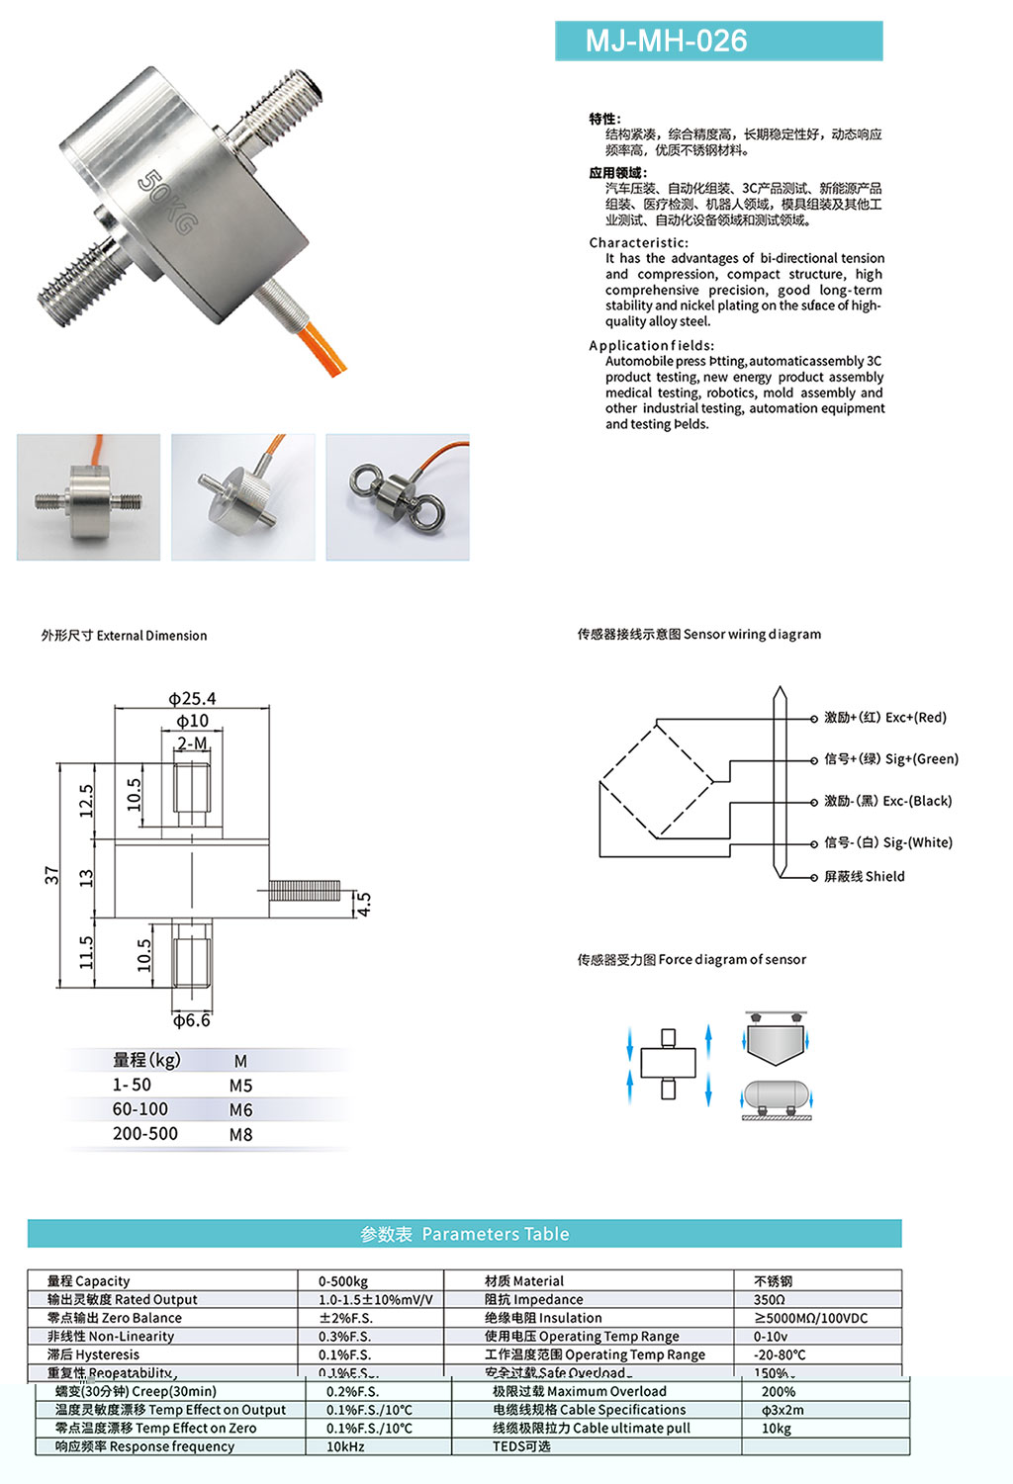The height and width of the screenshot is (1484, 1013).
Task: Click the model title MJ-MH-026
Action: pos(667,42)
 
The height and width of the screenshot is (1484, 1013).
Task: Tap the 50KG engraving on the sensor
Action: pos(165,202)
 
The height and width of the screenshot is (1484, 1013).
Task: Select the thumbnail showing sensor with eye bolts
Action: pos(398,496)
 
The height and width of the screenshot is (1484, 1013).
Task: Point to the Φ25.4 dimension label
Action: pos(191,698)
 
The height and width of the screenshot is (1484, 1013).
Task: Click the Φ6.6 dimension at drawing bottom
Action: pos(191,1020)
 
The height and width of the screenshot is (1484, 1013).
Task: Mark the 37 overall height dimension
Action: pos(51,874)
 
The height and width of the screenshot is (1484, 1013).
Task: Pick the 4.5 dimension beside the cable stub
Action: pos(364,904)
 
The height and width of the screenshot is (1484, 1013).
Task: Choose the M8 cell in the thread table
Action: pos(240,1135)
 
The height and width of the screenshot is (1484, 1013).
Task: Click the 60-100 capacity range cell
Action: pos(139,1109)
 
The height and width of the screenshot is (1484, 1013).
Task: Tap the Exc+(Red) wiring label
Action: pos(885,718)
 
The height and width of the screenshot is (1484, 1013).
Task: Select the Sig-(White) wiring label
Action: pos(888,842)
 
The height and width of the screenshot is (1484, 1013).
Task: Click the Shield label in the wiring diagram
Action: pos(865,876)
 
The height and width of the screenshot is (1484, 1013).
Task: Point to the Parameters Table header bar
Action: pos(465,1234)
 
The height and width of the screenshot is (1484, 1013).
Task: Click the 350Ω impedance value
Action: pos(769,1300)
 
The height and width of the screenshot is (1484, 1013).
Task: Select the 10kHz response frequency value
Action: pos(345,1446)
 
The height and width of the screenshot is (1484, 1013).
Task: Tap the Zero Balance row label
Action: pos(115,1318)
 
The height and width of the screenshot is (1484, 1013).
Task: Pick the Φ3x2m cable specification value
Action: pos(783,1410)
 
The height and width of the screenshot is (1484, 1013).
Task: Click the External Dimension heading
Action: pos(125,636)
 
